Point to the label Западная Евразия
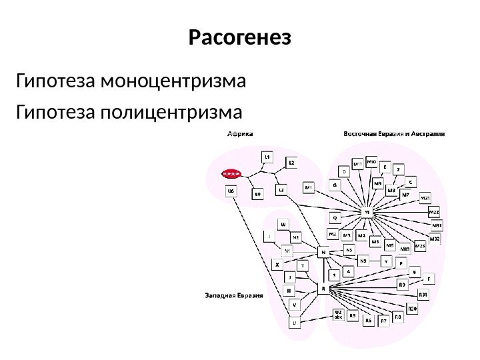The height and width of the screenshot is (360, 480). [233, 294]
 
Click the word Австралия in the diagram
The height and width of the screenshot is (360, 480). [429, 133]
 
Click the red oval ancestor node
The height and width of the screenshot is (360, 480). [231, 173]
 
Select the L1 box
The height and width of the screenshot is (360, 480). [267, 157]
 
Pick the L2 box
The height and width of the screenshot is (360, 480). [291, 162]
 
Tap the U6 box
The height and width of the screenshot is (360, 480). [231, 191]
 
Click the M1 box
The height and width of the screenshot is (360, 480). [309, 188]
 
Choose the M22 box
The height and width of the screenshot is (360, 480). [434, 212]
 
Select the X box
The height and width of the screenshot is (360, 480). [277, 264]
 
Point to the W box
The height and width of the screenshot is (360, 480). [283, 225]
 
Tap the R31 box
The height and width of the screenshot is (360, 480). [423, 295]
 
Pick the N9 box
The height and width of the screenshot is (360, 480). [363, 261]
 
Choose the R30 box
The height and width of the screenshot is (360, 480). [412, 309]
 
